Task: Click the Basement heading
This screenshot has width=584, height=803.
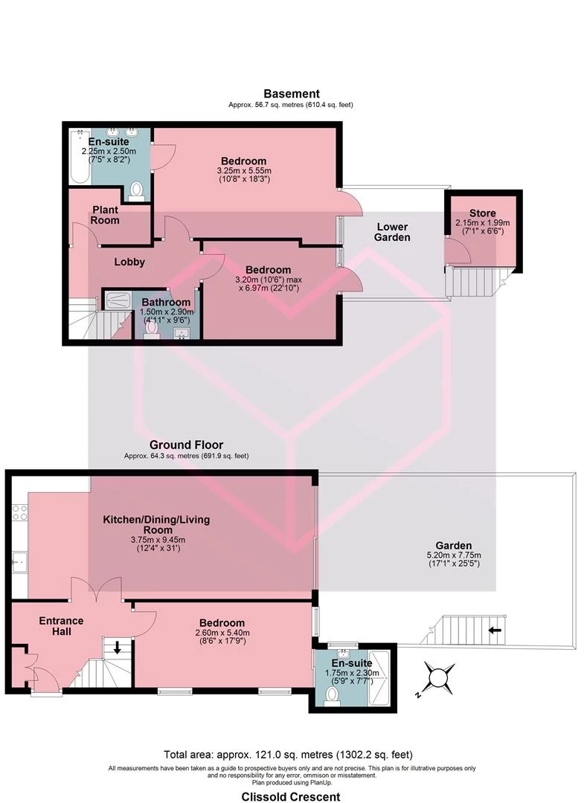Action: [x=292, y=94]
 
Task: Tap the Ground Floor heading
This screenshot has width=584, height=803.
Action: [x=187, y=445]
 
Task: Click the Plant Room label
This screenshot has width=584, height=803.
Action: [x=105, y=215]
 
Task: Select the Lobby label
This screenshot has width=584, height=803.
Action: [x=129, y=262]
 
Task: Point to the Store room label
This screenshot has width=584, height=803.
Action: [x=483, y=213]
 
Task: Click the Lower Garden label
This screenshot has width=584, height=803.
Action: [x=392, y=232]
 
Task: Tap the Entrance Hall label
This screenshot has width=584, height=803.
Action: [x=62, y=626]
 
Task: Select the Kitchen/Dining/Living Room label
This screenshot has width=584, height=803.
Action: [x=157, y=524]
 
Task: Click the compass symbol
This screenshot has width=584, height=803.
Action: [x=437, y=679]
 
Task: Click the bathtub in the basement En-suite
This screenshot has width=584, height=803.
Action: [x=80, y=156]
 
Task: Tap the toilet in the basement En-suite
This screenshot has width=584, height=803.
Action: [x=136, y=191]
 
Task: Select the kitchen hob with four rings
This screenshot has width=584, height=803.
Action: [x=20, y=512]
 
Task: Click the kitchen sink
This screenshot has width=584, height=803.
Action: [x=20, y=563]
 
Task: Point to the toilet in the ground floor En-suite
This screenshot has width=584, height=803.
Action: [x=332, y=697]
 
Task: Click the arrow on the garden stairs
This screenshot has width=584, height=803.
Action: [x=494, y=631]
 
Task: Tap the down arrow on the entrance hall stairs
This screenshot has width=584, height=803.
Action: [x=118, y=648]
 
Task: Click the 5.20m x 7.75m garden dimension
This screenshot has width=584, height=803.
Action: [x=454, y=555]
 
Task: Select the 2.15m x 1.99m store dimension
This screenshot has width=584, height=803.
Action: [x=483, y=223]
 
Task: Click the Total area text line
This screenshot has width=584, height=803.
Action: [x=288, y=755]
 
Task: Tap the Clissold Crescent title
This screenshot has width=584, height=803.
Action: [x=291, y=797]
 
